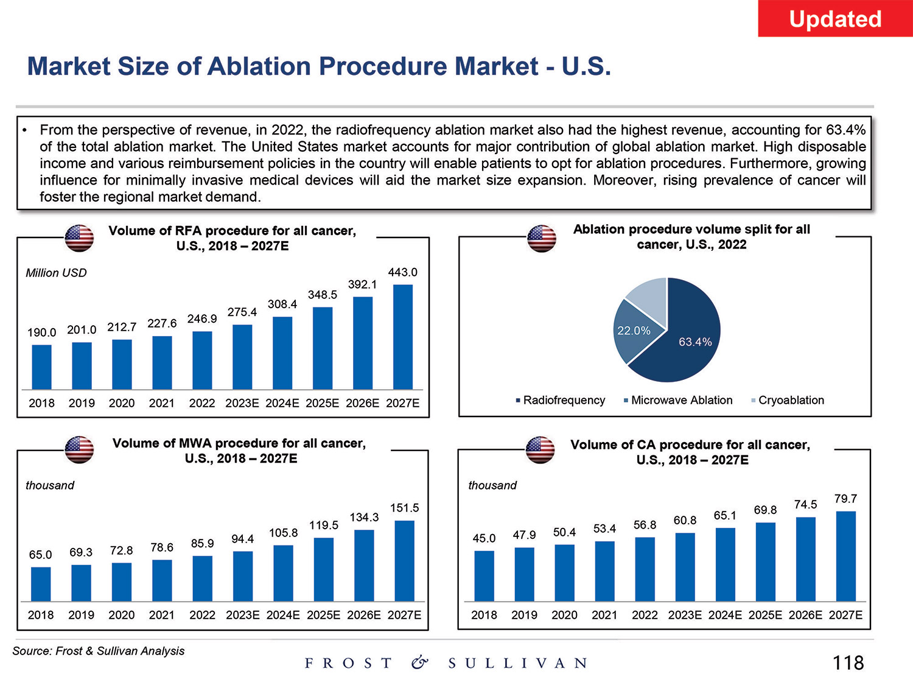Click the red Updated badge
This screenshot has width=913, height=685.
tap(835, 19)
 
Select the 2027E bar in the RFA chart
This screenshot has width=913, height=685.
tap(403, 337)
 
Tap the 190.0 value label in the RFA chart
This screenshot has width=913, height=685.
tap(41, 332)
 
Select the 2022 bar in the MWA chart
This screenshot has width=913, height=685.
tap(202, 578)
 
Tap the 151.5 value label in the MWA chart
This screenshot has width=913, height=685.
tap(404, 508)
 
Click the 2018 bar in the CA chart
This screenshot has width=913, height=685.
tap(484, 576)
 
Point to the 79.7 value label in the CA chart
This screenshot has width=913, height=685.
tap(845, 499)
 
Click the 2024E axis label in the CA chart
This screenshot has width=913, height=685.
tap(725, 615)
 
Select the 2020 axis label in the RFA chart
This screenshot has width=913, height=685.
tap(122, 403)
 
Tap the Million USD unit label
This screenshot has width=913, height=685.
tap(56, 273)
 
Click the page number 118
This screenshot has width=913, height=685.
tap(848, 662)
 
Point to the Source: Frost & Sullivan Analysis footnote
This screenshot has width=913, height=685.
tap(99, 651)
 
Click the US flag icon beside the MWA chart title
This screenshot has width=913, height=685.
tap(79, 450)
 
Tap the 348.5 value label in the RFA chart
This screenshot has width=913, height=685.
tap(322, 295)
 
